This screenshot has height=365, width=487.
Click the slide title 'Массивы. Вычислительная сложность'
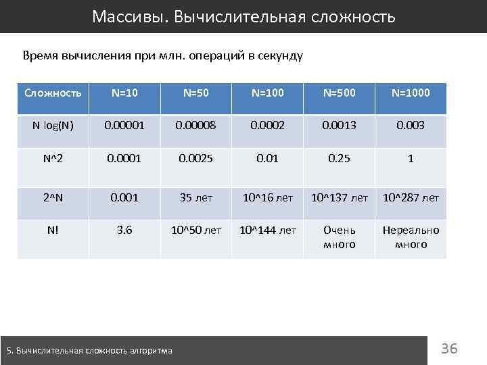pyautogui.click(x=243, y=16)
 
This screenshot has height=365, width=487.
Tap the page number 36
pyautogui.click(x=449, y=349)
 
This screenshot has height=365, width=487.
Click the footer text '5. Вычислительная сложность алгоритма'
pyautogui.click(x=89, y=350)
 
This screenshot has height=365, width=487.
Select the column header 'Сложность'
pyautogui.click(x=53, y=92)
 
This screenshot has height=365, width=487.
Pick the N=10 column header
pyautogui.click(x=124, y=92)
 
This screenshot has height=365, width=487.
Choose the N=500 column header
pyautogui.click(x=340, y=92)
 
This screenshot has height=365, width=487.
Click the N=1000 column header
pyautogui.click(x=411, y=92)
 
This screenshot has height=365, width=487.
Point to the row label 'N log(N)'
pyautogui.click(x=53, y=126)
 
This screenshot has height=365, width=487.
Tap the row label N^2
pyautogui.click(x=53, y=158)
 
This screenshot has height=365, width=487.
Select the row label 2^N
pyautogui.click(x=53, y=197)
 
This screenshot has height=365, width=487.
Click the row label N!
pyautogui.click(x=53, y=230)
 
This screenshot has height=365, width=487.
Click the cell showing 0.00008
pyautogui.click(x=195, y=126)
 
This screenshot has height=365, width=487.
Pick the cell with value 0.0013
pyautogui.click(x=340, y=126)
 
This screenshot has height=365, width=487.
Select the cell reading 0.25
pyautogui.click(x=340, y=158)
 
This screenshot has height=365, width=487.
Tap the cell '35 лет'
pyautogui.click(x=195, y=197)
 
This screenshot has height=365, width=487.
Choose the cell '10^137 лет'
pyautogui.click(x=340, y=197)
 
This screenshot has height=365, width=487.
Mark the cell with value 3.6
pyautogui.click(x=124, y=230)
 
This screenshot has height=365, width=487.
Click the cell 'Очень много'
pyautogui.click(x=340, y=237)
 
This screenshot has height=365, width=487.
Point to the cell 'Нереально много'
pyautogui.click(x=411, y=237)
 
